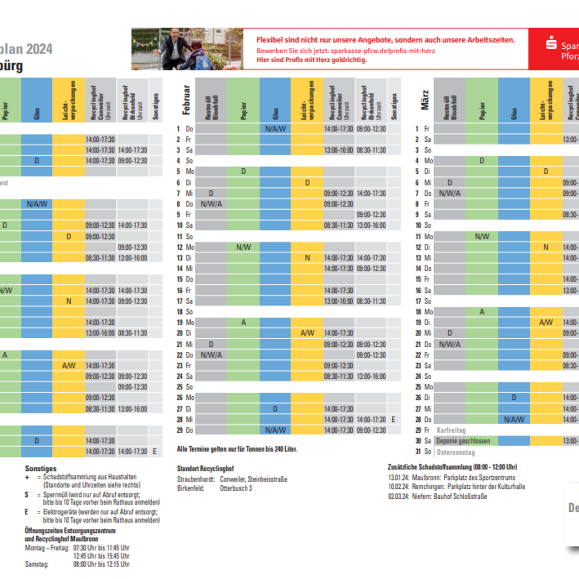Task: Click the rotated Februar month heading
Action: click(x=186, y=100)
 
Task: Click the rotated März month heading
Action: click(x=425, y=100)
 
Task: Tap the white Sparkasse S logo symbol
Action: click(x=551, y=43)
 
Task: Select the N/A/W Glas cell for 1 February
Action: click(x=275, y=129)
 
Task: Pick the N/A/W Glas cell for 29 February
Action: click(x=275, y=430)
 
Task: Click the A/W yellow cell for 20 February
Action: click(x=307, y=333)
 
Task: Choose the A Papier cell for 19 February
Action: click(x=243, y=322)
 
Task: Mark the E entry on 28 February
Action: click(x=393, y=419)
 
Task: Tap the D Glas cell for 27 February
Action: click(x=275, y=409)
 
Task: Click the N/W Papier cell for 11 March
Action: click(x=482, y=236)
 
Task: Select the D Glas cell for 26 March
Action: click(x=513, y=398)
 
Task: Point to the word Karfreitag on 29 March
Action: click(x=451, y=430)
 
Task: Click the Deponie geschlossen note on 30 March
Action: click(x=463, y=441)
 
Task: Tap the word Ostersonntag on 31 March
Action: click(x=455, y=452)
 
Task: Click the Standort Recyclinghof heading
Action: click(x=205, y=469)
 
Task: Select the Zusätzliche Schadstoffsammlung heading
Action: click(x=452, y=467)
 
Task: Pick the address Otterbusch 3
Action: click(x=235, y=488)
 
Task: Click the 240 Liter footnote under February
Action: click(x=236, y=449)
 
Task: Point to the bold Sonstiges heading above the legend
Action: click(x=41, y=469)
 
